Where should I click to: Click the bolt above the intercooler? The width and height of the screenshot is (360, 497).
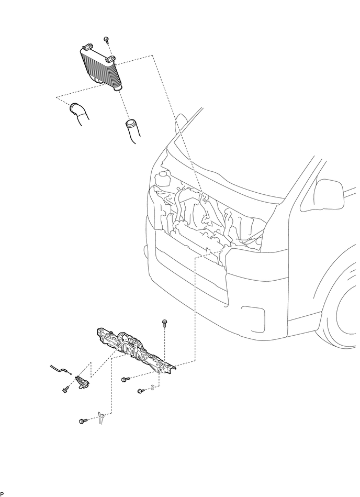(106, 39)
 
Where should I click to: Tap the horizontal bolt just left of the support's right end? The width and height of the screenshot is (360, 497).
(125, 379)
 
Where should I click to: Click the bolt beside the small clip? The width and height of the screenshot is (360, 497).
(140, 391)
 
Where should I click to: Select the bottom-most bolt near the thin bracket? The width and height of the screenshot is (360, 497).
(83, 421)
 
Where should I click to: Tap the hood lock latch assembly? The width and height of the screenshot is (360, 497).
(81, 383)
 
